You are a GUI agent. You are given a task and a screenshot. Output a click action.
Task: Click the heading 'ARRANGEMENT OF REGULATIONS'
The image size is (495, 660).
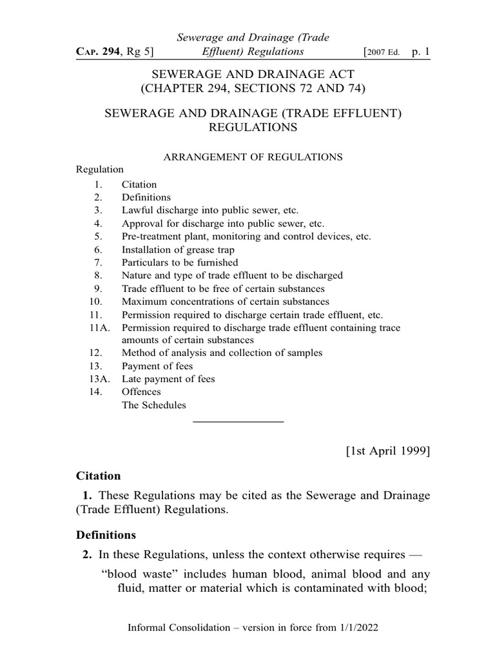(251, 157)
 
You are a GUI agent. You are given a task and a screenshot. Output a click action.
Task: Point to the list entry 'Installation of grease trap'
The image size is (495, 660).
(178, 249)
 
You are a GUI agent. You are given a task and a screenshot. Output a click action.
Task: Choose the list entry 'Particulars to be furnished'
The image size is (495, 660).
(180, 262)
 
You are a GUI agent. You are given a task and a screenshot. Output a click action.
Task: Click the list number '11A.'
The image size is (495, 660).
(98, 328)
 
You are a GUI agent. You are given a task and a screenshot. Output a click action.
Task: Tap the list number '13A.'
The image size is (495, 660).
(98, 379)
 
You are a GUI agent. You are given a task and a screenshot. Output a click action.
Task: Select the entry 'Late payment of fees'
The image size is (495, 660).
(168, 379)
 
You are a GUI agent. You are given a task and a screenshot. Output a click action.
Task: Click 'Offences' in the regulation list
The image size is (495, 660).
(141, 392)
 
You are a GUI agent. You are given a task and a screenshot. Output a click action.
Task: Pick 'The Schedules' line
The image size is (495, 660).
(153, 405)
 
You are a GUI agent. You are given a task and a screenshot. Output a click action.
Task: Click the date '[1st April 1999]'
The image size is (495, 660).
(388, 451)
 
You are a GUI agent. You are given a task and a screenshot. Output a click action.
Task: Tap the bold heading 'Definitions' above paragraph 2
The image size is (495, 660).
(106, 535)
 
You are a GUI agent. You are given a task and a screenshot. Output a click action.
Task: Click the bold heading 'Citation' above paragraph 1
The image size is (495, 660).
(99, 476)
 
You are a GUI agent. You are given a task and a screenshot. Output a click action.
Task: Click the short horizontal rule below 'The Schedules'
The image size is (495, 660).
(238, 422)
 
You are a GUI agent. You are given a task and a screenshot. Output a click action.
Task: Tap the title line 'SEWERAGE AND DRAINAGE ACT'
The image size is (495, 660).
(252, 74)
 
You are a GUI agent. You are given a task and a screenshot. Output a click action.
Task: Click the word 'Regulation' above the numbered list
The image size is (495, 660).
(100, 170)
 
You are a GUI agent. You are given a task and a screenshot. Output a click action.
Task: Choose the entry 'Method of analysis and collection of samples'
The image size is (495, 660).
(222, 353)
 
